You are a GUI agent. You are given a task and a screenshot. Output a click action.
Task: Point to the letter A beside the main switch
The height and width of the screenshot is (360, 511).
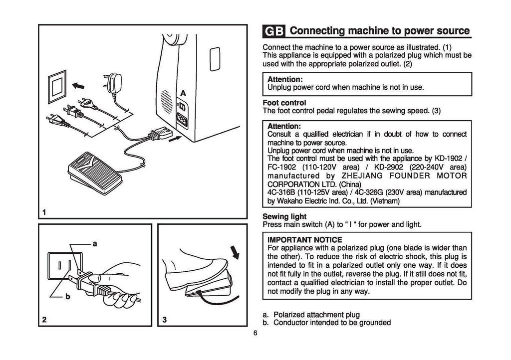[183, 93]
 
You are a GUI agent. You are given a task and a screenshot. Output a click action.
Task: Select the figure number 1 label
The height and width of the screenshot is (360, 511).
[44, 212]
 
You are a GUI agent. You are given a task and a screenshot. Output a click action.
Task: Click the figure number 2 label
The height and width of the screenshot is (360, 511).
[44, 320]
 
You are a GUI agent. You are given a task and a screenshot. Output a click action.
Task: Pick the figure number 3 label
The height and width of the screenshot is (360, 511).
[164, 320]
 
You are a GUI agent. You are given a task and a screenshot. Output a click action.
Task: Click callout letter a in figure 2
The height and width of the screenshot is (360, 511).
[94, 243]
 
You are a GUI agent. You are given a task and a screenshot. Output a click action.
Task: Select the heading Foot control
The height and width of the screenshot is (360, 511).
[283, 103]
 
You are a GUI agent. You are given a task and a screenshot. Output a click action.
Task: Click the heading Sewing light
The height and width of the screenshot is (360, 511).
[284, 217]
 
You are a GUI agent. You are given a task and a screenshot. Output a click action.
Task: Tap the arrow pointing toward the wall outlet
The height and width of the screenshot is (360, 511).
[78, 86]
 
